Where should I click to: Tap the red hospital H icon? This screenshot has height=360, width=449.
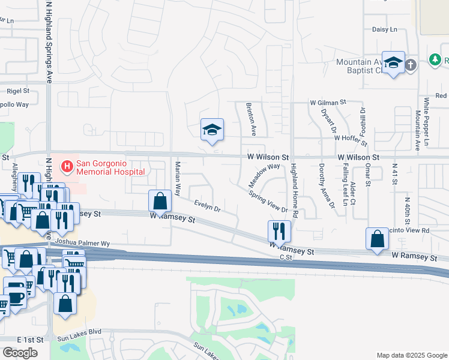(x=67, y=164)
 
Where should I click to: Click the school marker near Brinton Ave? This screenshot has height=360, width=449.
(x=211, y=130)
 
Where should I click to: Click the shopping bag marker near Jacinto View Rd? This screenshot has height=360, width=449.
(x=376, y=239)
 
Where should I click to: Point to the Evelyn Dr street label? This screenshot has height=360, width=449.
(x=207, y=206)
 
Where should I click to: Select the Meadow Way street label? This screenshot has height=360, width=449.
(x=265, y=175)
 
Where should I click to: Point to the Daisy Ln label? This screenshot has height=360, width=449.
(x=385, y=29)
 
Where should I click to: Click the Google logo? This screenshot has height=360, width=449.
(x=20, y=353)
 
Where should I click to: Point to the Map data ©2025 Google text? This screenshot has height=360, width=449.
(x=411, y=355)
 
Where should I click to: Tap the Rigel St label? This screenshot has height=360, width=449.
(x=17, y=91)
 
